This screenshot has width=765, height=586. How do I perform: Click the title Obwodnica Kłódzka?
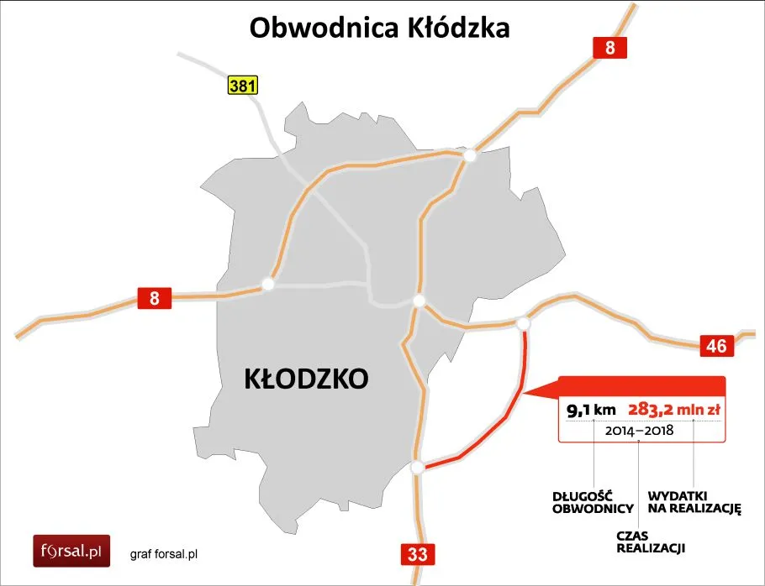click(380, 28)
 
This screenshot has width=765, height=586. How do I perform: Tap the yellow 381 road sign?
click(242, 85)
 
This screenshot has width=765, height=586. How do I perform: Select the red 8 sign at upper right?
click(610, 49)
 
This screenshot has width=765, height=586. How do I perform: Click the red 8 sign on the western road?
click(155, 297)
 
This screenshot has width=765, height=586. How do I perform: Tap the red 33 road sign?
click(416, 554)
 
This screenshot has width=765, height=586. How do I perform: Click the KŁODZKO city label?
click(306, 379)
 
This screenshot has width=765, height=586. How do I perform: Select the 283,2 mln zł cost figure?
click(675, 410)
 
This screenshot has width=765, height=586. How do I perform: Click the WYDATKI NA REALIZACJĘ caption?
click(693, 501)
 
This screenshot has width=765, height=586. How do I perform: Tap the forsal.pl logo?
click(71, 552)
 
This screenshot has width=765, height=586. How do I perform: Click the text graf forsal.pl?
click(164, 554)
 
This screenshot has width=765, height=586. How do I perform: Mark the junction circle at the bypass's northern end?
click(524, 323)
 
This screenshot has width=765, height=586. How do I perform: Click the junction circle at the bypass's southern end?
click(417, 467)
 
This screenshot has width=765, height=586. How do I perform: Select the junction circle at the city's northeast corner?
click(470, 155)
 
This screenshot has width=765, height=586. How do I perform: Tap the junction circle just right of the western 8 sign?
click(268, 285)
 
